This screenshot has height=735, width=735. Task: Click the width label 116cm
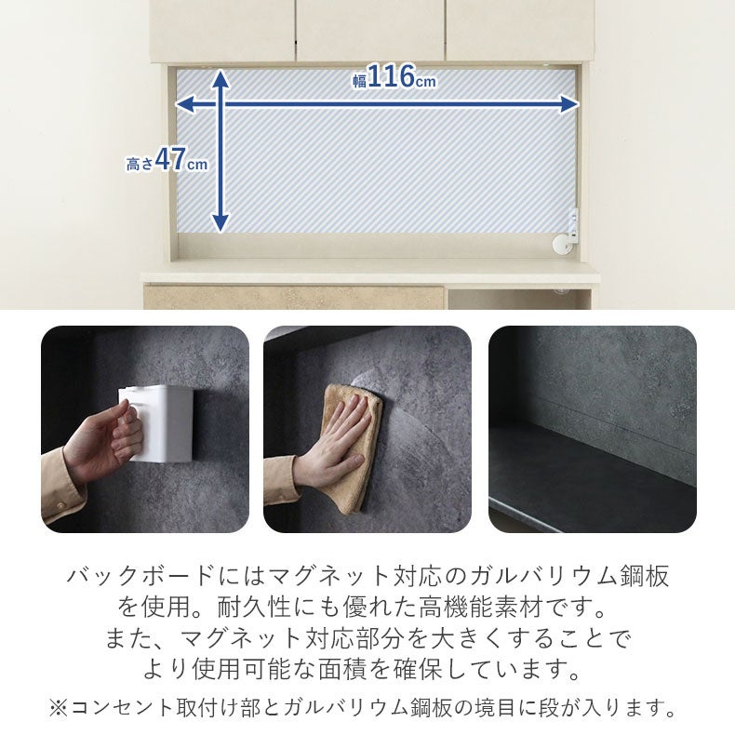click(394, 76)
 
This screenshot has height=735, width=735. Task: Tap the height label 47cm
click(167, 160)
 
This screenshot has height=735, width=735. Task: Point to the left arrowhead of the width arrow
click(185, 104)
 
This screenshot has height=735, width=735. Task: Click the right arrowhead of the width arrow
click(569, 104)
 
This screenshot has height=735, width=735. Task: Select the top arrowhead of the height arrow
click(220, 78)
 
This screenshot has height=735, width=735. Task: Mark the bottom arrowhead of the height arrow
click(220, 222)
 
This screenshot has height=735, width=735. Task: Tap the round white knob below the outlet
click(561, 246)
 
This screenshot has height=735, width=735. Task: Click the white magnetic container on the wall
click(158, 423)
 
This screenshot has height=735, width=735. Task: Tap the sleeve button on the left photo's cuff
click(60, 506)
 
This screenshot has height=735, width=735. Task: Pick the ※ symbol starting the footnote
click(59, 707)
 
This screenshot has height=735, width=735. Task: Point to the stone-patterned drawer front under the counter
click(293, 297)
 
